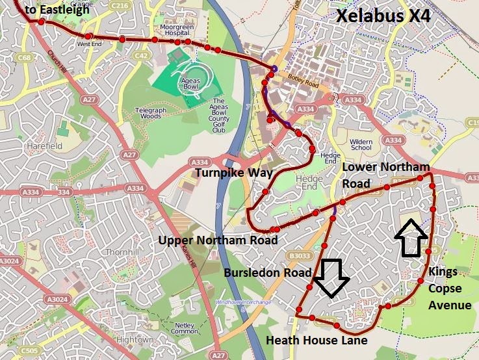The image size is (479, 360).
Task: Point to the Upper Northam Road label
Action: point(218,240)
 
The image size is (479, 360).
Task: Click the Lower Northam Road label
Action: point(386,174)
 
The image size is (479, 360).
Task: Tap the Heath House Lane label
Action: point(317,340)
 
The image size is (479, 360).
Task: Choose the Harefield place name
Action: point(44,146)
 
